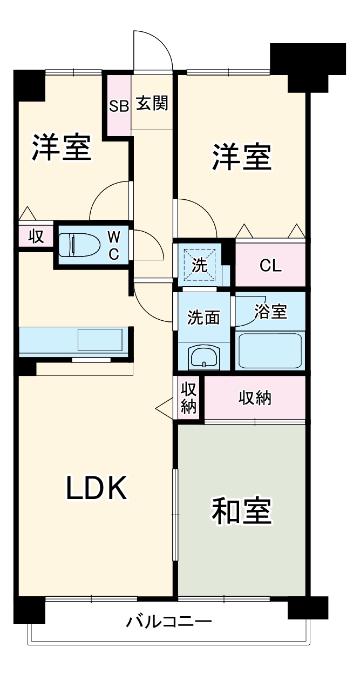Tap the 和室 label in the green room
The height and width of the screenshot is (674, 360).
click(x=241, y=511)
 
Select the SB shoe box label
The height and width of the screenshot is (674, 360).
click(x=119, y=106)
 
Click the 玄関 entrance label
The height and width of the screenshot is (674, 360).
click(x=152, y=103)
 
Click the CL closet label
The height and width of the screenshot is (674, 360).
click(x=270, y=266)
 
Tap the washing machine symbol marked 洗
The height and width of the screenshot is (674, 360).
click(x=200, y=265)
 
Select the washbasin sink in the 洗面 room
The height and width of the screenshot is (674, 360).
click(x=203, y=357)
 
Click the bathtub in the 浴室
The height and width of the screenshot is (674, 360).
click(x=270, y=351)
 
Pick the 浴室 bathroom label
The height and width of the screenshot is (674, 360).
click(x=270, y=312)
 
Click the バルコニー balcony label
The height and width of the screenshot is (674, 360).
click(x=168, y=622)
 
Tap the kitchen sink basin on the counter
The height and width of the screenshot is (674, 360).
click(x=100, y=340)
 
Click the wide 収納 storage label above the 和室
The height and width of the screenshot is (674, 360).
click(x=255, y=399)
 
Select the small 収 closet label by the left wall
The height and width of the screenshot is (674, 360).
click(x=36, y=237)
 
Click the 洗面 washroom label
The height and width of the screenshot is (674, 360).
click(x=203, y=318)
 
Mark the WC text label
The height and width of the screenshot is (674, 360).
click(x=114, y=245)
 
